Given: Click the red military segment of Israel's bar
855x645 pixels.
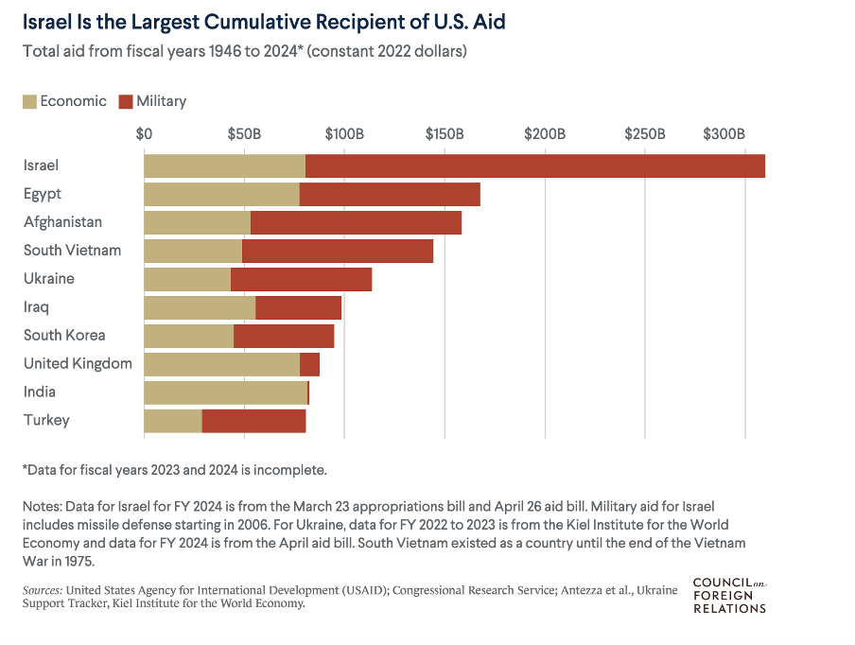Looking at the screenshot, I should click(534, 166).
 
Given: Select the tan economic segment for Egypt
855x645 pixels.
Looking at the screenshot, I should click(221, 194).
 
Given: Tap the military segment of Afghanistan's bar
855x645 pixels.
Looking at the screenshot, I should click(356, 222).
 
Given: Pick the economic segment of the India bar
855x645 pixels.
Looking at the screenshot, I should click(225, 392).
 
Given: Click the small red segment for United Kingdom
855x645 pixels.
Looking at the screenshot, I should click(309, 364).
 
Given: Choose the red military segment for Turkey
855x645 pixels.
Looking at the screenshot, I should click(253, 421).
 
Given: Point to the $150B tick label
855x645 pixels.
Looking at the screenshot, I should click(444, 134).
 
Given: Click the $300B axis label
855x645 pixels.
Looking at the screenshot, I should click(724, 134).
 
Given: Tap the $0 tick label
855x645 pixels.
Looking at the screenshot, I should click(144, 134).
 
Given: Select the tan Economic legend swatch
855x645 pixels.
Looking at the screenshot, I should click(29, 101).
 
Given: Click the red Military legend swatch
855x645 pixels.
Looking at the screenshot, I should click(126, 101).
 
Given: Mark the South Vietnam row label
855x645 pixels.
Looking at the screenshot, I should click(72, 251).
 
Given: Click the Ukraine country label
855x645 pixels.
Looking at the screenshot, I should click(49, 279).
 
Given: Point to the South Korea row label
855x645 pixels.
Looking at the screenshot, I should click(64, 336).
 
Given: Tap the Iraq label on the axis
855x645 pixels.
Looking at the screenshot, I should click(36, 307).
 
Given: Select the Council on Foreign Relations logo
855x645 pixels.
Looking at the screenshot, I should click(729, 595).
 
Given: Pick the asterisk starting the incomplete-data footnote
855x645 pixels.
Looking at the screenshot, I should click(26, 468).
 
